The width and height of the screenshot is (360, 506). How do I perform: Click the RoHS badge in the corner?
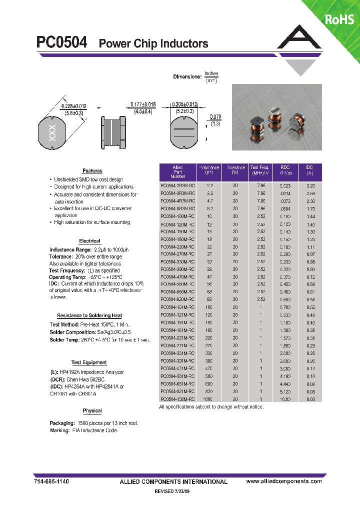340,19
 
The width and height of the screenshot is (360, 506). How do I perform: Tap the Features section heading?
92,171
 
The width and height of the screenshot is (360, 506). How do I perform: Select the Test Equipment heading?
89,362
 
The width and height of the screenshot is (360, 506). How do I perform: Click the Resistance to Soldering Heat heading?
89,315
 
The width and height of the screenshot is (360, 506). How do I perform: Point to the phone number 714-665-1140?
51,481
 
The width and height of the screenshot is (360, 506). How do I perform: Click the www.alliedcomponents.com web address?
284,481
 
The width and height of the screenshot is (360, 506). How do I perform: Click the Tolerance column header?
235,170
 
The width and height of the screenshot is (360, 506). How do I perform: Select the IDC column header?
309,170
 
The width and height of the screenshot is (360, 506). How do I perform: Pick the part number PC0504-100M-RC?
177,216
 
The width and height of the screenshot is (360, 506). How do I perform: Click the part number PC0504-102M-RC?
177,399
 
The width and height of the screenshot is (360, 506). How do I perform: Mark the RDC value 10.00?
285,399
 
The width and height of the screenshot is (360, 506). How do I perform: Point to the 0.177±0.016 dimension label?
143,105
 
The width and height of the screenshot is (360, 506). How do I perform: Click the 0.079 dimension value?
215,117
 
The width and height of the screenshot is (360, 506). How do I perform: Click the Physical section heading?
92,411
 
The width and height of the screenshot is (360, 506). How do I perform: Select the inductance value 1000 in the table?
208,399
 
